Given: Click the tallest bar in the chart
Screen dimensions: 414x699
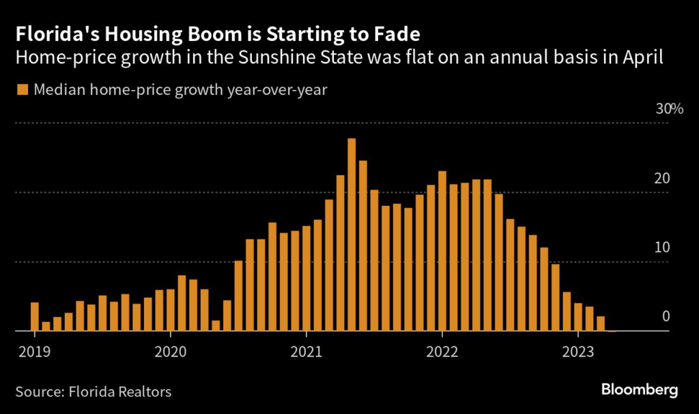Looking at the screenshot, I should tap(352, 235).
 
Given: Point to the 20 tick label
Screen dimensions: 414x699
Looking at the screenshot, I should tap(662, 179).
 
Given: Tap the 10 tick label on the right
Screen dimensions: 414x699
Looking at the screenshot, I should tap(662, 248).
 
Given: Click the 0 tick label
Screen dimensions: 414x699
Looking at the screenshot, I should tap(666, 316).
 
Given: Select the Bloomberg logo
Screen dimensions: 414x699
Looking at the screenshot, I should tap(640, 390).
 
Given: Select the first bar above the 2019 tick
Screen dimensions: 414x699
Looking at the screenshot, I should tap(34, 316).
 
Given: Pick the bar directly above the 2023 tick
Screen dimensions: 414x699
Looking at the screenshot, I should tap(578, 317).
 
